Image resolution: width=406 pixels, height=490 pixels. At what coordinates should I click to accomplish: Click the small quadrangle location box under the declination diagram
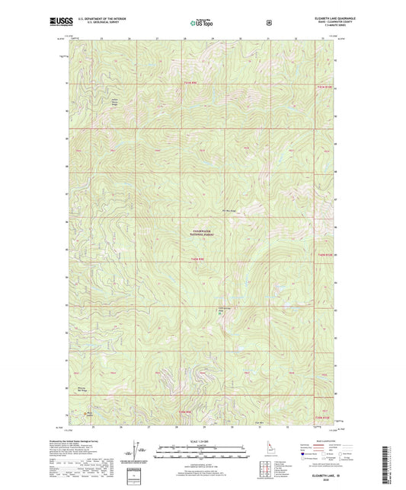136,476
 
